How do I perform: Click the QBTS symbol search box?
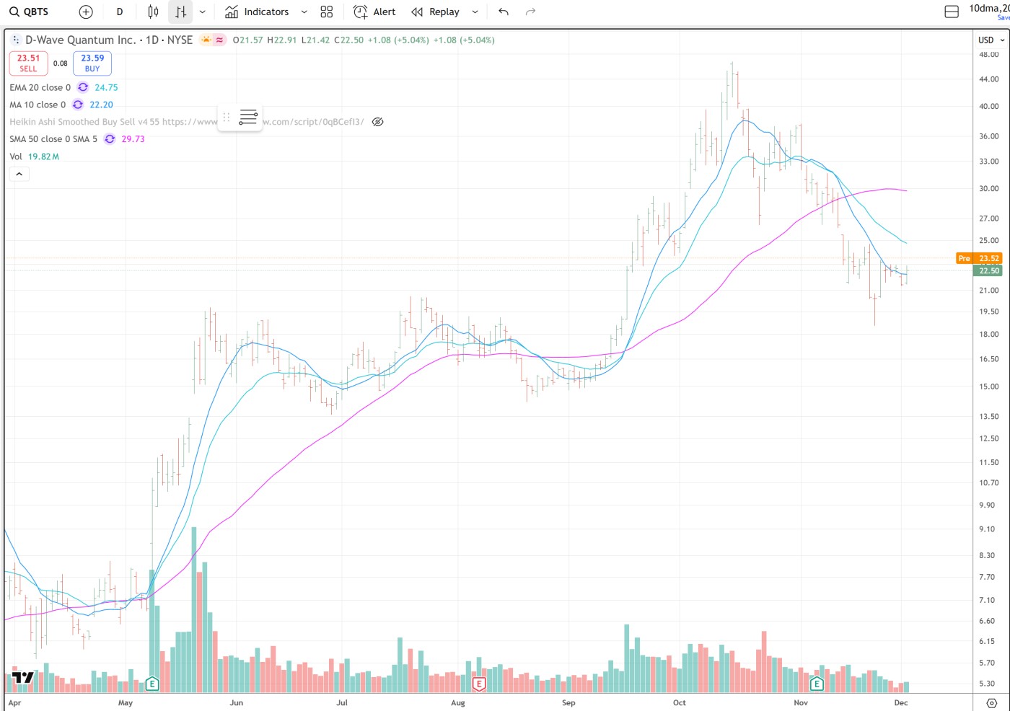(30, 12)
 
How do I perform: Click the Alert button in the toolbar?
(374, 12)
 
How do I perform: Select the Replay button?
(435, 12)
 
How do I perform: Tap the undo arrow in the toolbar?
(504, 12)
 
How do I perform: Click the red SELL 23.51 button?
(28, 63)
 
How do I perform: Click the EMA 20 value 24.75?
(106, 87)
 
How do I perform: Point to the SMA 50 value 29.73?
(133, 139)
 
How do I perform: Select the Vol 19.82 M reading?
(43, 156)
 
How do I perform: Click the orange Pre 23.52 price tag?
(978, 258)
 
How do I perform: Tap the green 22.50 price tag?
(988, 271)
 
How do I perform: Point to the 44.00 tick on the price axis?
(988, 79)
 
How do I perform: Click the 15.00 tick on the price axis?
(988, 387)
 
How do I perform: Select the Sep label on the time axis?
(568, 702)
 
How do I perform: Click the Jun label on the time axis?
(236, 702)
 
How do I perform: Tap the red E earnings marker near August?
(478, 684)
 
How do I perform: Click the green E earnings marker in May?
(151, 684)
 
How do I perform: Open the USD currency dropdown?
(991, 40)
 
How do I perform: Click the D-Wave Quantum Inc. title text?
(80, 40)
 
